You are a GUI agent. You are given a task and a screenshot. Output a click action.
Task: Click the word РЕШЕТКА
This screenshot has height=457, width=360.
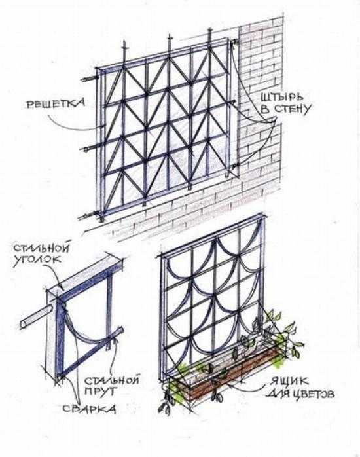tap(56, 103)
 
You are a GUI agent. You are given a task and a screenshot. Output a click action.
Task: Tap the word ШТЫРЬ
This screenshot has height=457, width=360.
tap(281, 98)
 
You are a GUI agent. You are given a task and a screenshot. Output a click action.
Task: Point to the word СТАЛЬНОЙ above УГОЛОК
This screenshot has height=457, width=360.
tap(42, 247)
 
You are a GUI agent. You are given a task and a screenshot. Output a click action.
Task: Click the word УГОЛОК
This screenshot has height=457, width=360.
tap(37, 260)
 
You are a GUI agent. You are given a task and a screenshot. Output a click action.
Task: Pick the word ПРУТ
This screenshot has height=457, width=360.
tap(99, 391)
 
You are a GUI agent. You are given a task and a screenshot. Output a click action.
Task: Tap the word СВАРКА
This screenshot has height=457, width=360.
tap(89, 409)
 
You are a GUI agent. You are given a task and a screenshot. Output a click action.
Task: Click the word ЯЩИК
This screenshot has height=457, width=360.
tap(289, 382)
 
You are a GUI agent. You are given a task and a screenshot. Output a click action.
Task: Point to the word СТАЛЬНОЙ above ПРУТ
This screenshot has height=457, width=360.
tap(112, 380)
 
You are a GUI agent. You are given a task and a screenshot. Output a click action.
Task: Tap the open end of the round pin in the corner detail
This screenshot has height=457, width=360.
tap(23, 324)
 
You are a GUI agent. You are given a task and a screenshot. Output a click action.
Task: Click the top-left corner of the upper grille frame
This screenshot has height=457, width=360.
tap(97, 69)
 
